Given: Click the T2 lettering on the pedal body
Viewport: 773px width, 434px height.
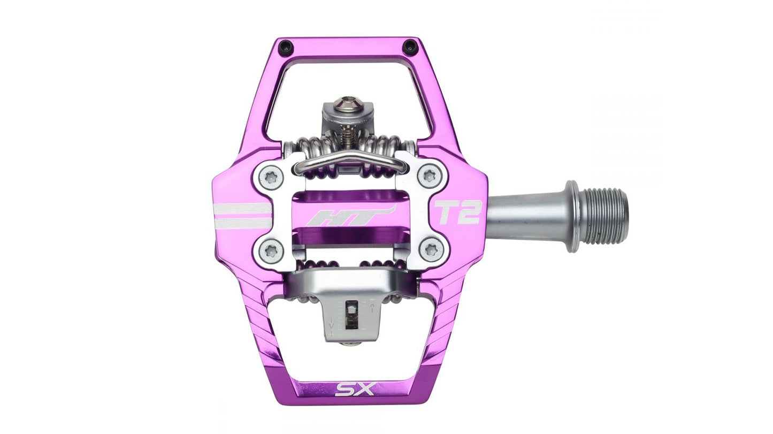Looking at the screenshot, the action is tap(457, 212).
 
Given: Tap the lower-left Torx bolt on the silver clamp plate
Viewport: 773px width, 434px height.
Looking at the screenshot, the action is tap(269, 250).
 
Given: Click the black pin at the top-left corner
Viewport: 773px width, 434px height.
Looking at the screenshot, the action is tap(285, 46).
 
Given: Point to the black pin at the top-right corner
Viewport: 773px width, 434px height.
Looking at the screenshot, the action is tap(410, 45).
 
